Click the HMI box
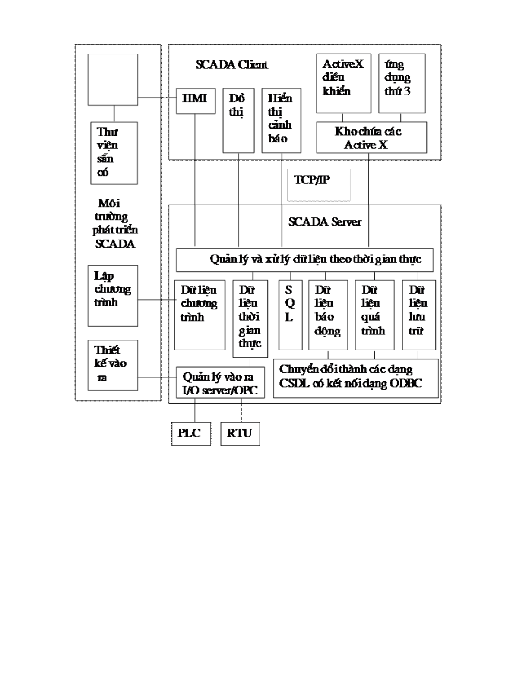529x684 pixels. (x=195, y=101)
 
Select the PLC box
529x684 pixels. (x=190, y=433)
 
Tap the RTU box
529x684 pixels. (x=240, y=433)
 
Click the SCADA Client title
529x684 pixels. (x=232, y=65)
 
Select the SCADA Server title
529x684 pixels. (x=325, y=222)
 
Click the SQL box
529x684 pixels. (x=290, y=315)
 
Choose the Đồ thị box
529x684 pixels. (x=238, y=120)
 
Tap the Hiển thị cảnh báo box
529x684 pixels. (x=281, y=120)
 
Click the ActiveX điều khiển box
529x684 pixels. (x=343, y=83)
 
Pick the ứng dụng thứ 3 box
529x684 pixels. (x=402, y=83)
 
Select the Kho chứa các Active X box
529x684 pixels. (x=371, y=137)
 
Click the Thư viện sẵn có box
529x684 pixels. (x=114, y=153)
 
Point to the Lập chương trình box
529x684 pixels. (x=113, y=296)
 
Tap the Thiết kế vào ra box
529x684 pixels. (x=113, y=365)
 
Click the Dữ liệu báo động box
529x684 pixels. (x=328, y=315)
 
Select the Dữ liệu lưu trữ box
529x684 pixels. (x=418, y=315)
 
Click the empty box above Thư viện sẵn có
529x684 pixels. (x=113, y=79)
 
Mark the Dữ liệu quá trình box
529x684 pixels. (x=374, y=315)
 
